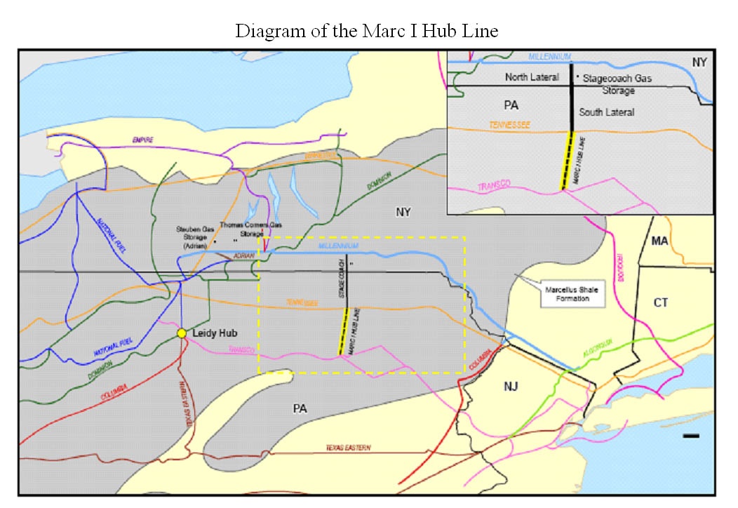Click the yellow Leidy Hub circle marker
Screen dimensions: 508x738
[182, 333]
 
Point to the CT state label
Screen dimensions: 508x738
[660, 302]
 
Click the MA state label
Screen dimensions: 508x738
[659, 241]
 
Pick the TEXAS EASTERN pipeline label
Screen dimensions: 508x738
[348, 448]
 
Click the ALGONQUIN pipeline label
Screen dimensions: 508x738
[598, 343]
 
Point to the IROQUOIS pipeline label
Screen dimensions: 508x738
[619, 267]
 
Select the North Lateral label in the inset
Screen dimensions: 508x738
[532, 77]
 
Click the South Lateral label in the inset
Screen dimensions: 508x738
[606, 112]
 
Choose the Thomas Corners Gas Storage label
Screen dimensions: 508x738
[250, 229]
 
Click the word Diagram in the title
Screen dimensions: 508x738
[262, 32]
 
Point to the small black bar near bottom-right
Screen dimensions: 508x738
[691, 436]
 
